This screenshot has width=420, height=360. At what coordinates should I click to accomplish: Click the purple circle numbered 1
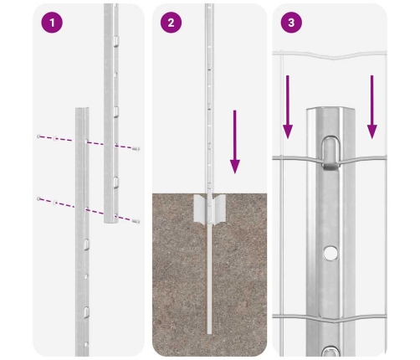52,23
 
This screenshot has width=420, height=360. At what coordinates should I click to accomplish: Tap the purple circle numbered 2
171,23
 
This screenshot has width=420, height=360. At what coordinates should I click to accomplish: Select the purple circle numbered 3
291,23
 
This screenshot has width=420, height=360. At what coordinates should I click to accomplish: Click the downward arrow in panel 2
235,141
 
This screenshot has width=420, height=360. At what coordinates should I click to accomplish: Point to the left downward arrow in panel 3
288,107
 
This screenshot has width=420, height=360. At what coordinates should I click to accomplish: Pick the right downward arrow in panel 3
371,107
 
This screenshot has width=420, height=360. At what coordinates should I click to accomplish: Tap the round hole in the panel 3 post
330,253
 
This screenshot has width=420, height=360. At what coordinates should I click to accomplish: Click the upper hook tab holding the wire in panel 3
331,153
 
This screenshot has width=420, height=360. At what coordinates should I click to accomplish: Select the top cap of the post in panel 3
330,111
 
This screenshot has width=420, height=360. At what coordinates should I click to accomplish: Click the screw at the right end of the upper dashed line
136,149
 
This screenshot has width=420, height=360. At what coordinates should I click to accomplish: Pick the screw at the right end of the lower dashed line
136,222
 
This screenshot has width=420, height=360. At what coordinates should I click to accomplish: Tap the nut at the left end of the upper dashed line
38,136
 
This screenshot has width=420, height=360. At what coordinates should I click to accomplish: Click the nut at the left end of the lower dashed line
38,198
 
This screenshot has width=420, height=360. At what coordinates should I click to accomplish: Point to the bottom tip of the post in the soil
209,333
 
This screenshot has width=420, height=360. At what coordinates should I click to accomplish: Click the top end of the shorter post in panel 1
82,108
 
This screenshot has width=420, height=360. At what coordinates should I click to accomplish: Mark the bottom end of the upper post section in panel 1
111,222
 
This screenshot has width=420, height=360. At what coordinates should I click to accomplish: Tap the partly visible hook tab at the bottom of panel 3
330,351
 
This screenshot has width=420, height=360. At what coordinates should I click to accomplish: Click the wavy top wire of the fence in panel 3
330,55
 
